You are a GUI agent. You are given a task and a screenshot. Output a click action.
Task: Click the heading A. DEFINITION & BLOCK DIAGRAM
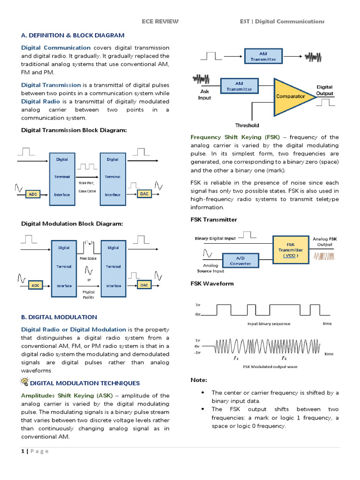pos(73,35)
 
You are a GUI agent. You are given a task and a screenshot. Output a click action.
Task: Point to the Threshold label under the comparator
pos(247,125)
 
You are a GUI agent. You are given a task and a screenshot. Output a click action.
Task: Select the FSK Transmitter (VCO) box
pos(290,249)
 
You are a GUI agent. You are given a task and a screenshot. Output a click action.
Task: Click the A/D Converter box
pos(240,261)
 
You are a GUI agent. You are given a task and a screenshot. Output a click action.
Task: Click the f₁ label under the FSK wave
pos(236,358)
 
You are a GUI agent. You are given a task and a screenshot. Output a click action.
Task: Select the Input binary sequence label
pos(269,323)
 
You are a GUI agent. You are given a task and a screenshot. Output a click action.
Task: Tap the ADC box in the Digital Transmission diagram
pos(33,194)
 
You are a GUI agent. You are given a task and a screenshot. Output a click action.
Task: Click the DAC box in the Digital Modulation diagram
pos(144,285)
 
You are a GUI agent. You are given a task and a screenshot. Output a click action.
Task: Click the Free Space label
pos(88,258)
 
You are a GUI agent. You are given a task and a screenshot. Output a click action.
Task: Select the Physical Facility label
pos(88,294)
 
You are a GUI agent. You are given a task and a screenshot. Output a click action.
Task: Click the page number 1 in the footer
pos(22,451)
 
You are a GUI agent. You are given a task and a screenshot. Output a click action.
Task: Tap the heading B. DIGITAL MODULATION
pos(59,317)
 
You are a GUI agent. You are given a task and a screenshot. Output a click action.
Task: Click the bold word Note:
pos(199,380)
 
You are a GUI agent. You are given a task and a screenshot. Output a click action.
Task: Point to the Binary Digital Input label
pos(215,239)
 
